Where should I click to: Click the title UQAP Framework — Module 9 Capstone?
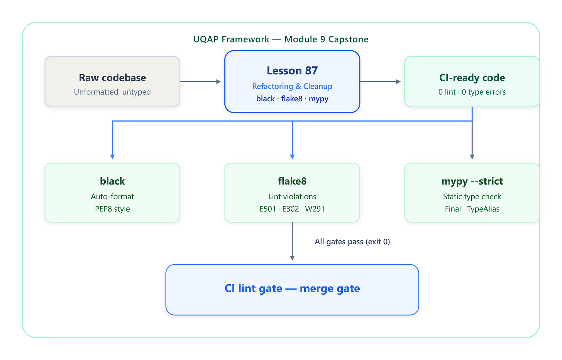point(281,39)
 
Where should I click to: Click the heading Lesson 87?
point(292,71)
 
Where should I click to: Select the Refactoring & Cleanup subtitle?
point(292,86)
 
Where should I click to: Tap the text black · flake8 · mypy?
point(292,98)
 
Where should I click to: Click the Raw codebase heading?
point(112,78)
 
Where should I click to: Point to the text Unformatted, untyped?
point(112,92)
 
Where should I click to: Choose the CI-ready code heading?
point(472,78)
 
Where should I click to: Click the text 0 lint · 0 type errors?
point(472,92)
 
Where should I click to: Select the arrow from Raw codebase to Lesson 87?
point(200,82)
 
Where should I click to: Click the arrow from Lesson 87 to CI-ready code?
point(380,82)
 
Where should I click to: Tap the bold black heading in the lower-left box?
point(112,181)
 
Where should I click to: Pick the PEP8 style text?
point(112,209)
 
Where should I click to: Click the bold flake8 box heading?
point(292,181)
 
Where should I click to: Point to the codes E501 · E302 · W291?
point(292,209)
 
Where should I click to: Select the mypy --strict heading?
point(472,181)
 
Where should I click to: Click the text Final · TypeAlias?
point(472,209)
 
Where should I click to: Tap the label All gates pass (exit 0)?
point(352,241)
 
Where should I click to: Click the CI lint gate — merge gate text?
point(292,289)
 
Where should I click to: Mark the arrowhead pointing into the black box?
point(112,157)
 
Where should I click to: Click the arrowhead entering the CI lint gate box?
point(292,258)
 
